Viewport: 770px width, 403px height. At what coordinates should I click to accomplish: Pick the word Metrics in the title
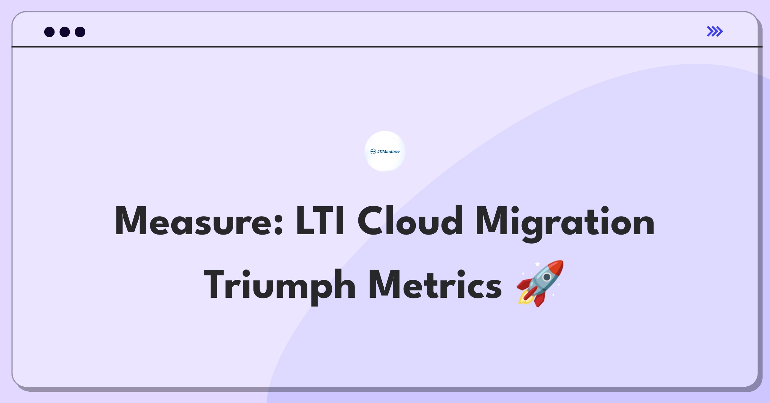[435, 284]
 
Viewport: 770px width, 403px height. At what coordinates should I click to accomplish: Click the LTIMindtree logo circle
[385, 151]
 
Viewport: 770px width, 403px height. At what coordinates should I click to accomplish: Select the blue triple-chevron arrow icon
[715, 31]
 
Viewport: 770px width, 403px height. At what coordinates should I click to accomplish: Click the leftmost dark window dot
[49, 32]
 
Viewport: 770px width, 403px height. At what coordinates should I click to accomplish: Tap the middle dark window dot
[65, 32]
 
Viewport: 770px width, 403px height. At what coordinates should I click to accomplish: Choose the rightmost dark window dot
[80, 32]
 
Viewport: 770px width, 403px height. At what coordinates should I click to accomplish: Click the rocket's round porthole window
[547, 277]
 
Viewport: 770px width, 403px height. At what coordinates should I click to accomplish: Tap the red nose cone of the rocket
[557, 266]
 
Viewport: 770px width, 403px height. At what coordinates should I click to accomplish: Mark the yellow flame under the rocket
[524, 298]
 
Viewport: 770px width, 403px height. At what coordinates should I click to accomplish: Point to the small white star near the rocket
[537, 264]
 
